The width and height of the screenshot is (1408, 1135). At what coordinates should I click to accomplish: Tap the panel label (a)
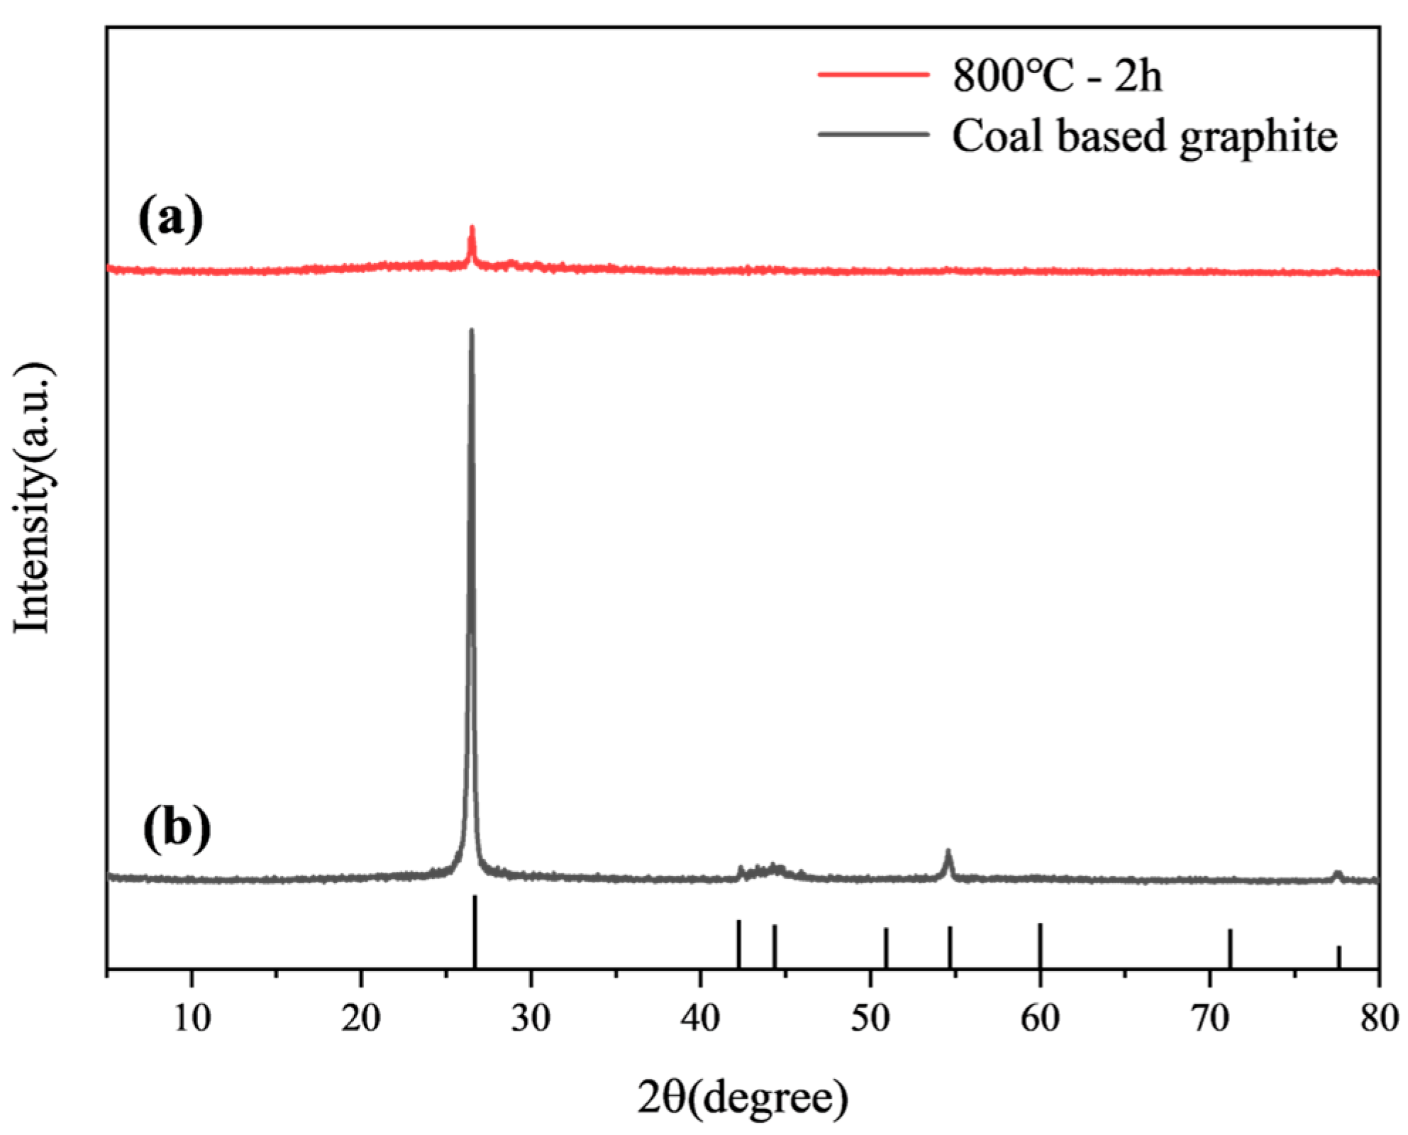coord(171,218)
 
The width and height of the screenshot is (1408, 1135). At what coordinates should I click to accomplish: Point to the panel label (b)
coord(177,828)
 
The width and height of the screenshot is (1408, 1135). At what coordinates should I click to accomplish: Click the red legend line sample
coord(873,74)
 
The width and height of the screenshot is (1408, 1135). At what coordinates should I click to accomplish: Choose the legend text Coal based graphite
coord(1144,135)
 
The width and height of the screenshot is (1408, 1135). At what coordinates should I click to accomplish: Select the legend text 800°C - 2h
coord(1057,75)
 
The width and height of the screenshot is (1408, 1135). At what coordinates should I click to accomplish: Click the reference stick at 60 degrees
coord(1040,945)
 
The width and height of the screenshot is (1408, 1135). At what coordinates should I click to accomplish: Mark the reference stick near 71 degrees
coord(1230,948)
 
